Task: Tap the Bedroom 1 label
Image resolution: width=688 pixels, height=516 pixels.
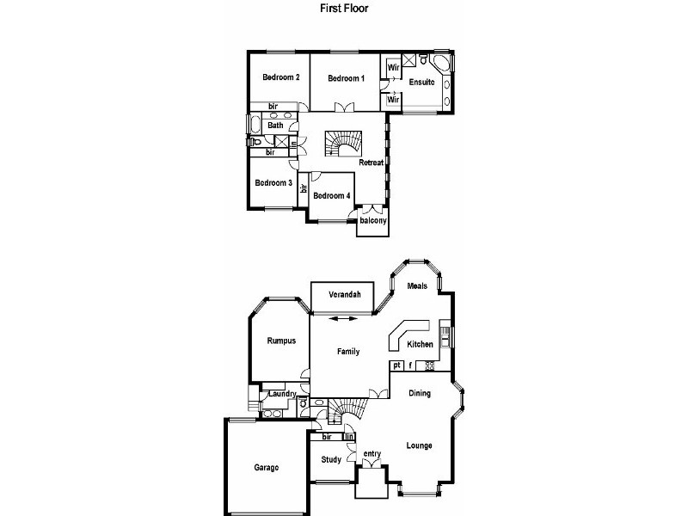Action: tap(347, 78)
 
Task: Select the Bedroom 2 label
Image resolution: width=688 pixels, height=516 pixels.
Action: tap(280, 77)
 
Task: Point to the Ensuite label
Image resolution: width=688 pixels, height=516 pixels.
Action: tap(421, 83)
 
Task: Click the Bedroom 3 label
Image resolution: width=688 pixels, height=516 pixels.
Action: tap(273, 182)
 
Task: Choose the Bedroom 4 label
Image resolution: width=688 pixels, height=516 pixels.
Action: tap(331, 195)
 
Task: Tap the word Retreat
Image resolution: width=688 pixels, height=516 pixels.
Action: tap(371, 163)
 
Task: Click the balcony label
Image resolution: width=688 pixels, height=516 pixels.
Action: tap(373, 221)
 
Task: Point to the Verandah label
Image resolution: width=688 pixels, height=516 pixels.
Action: tap(342, 295)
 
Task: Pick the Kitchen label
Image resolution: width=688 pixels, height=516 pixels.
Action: tap(421, 344)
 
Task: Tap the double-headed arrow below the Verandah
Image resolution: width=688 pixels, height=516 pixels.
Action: tap(342, 319)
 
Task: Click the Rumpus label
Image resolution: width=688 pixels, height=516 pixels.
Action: tap(280, 341)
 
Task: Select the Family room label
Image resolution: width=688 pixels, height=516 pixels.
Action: tap(347, 351)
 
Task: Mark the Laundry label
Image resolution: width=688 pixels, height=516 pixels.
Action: tap(282, 395)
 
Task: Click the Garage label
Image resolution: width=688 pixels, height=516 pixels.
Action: tap(266, 469)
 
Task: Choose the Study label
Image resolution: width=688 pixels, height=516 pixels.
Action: tap(331, 459)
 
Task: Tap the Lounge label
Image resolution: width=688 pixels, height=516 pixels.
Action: tap(419, 445)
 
